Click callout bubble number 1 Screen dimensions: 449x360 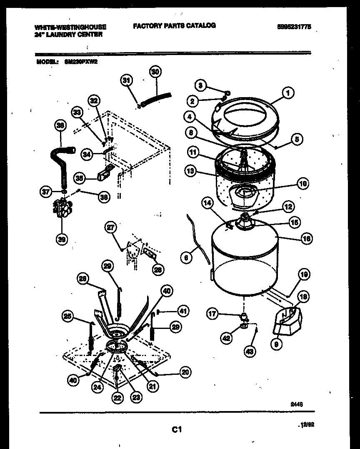click(287, 93)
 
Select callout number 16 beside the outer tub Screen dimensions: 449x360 click(306, 238)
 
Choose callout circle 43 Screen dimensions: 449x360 click(249, 351)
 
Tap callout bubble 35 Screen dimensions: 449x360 click(80, 178)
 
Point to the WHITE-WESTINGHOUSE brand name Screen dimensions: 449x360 click(70, 27)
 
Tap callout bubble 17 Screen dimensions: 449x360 click(213, 314)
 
